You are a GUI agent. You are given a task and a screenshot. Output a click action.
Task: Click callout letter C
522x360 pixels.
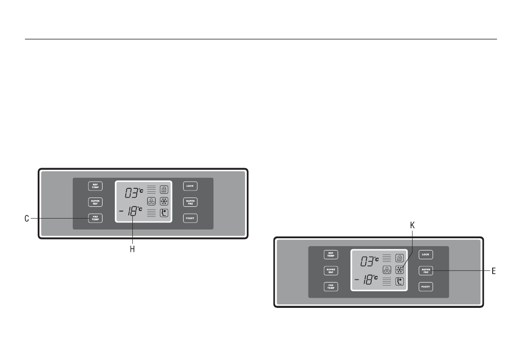pyautogui.click(x=27, y=218)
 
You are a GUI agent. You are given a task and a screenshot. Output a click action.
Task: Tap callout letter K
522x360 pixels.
pyautogui.click(x=412, y=225)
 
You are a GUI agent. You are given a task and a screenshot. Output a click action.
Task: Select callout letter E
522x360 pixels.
pyautogui.click(x=494, y=271)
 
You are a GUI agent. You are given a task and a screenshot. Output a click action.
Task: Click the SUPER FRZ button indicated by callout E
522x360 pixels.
pyautogui.click(x=426, y=271)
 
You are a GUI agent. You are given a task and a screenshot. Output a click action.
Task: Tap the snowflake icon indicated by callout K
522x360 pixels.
pyautogui.click(x=399, y=270)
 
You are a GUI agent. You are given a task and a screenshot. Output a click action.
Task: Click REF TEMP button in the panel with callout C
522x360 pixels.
pyautogui.click(x=95, y=186)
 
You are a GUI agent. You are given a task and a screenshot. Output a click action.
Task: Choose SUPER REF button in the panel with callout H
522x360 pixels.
pyautogui.click(x=95, y=202)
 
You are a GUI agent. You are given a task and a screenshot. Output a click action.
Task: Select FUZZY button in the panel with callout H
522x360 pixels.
pyautogui.click(x=190, y=218)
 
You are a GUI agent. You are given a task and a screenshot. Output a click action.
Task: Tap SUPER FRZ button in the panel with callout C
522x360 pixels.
pyautogui.click(x=190, y=202)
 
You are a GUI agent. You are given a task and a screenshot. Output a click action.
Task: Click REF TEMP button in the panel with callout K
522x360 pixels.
pyautogui.click(x=331, y=254)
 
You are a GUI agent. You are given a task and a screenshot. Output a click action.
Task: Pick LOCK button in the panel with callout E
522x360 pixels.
pyautogui.click(x=426, y=254)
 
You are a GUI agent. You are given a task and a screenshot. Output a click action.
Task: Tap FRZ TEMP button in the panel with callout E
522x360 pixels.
pyautogui.click(x=331, y=287)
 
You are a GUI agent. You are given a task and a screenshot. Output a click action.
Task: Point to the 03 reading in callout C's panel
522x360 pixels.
pyautogui.click(x=131, y=192)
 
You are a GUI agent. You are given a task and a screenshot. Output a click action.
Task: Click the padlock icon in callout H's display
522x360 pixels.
pyautogui.click(x=164, y=190)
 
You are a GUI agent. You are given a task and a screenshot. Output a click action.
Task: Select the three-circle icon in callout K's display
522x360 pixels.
pyautogui.click(x=387, y=270)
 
